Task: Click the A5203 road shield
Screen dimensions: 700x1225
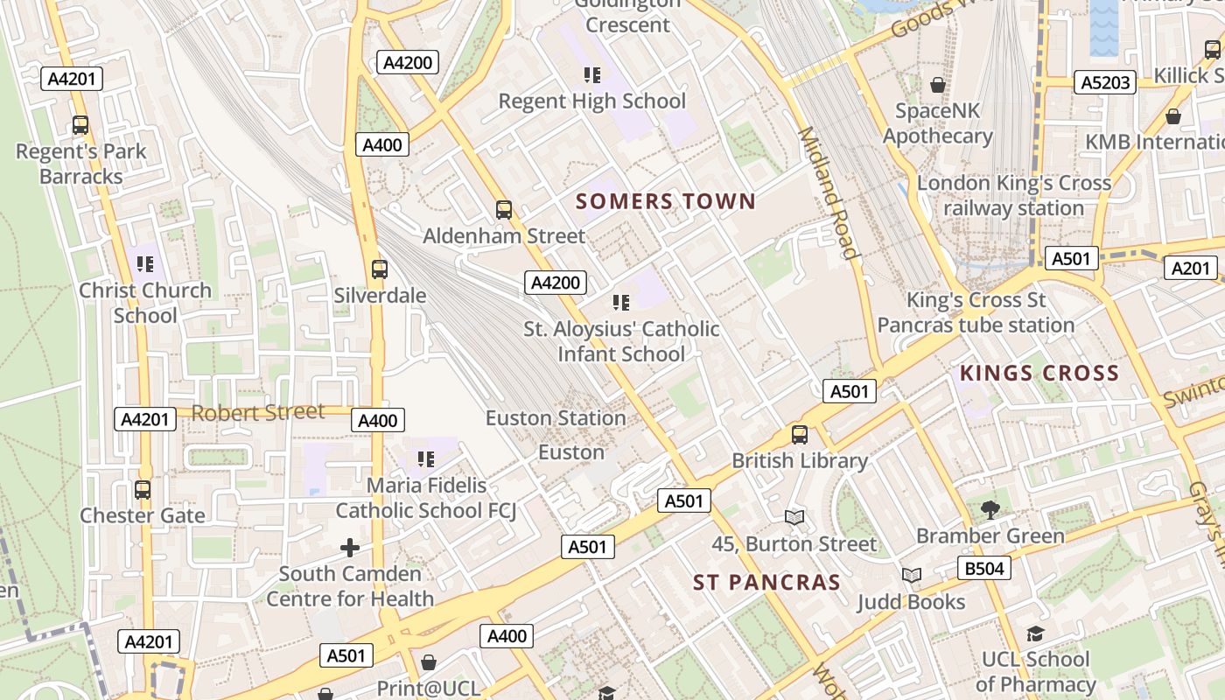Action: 1106,82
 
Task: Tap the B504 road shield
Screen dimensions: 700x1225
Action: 983,568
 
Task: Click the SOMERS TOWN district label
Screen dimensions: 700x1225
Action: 665,202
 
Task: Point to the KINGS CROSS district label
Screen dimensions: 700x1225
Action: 1039,374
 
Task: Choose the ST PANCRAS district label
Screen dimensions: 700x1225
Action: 766,582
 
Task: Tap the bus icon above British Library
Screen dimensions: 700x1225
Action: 799,435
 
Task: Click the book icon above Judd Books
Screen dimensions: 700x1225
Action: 912,575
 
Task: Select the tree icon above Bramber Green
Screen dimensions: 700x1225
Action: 990,509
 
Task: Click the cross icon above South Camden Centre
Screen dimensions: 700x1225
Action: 350,548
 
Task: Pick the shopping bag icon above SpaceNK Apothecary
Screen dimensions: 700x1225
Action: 938,85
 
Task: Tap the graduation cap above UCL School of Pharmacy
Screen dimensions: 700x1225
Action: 1035,633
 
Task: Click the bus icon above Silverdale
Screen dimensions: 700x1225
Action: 379,269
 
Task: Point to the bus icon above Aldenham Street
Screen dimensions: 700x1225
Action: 503,210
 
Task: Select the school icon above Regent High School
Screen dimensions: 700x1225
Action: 592,75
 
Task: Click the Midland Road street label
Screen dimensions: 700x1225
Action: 827,193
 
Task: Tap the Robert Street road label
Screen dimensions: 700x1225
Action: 258,412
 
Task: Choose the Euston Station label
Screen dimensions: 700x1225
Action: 556,418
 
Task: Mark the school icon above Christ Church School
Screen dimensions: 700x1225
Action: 145,263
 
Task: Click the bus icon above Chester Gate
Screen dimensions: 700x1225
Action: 143,490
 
